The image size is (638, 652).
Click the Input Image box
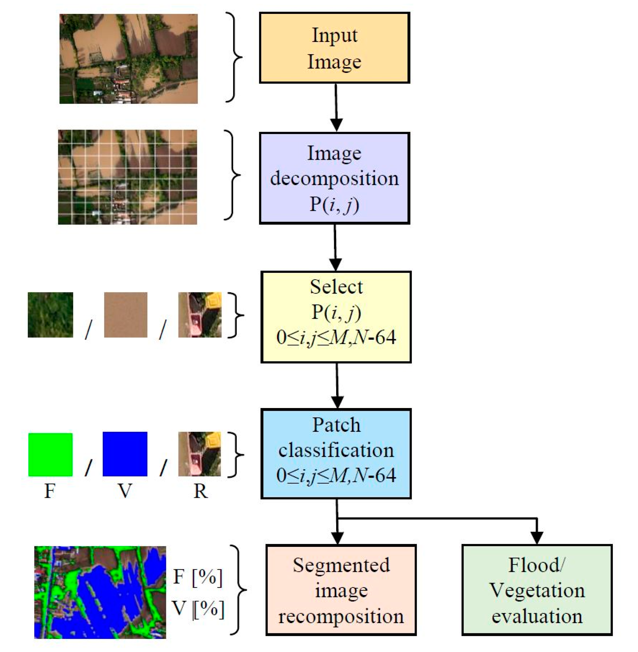point(334,48)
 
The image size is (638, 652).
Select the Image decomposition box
point(334,178)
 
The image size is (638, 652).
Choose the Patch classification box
point(336,454)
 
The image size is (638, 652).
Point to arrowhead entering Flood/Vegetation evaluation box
point(537,538)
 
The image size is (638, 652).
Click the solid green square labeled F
point(50,455)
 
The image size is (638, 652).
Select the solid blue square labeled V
point(125,454)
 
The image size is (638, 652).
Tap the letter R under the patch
point(200,491)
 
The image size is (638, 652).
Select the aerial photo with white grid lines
point(127,177)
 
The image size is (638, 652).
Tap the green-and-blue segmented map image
point(100,592)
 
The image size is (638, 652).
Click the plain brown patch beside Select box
point(126,315)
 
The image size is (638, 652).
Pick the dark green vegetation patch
point(50,315)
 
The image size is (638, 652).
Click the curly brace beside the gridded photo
point(233,175)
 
